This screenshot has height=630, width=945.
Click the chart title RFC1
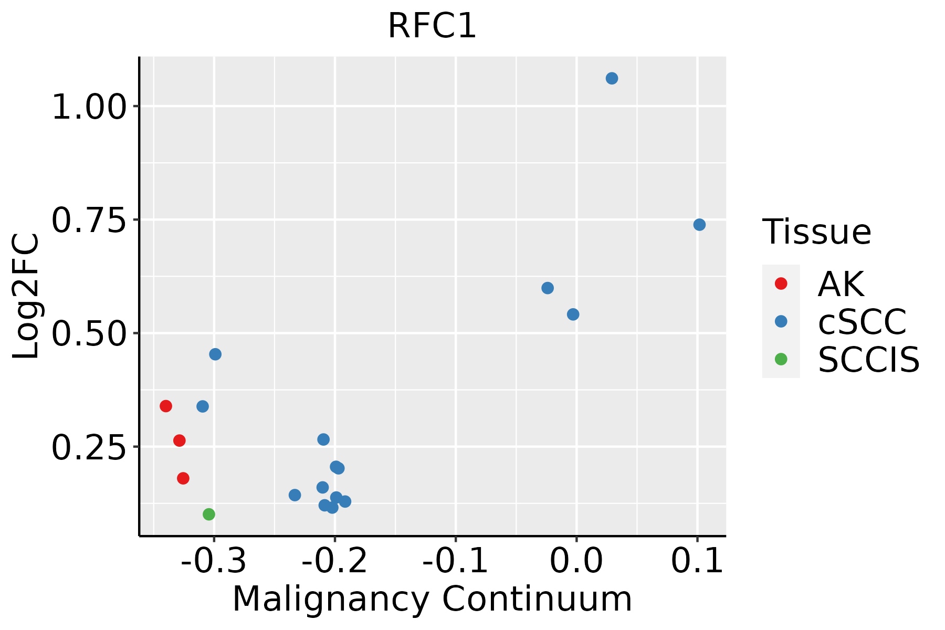(x=432, y=26)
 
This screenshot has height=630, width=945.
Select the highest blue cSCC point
(x=612, y=78)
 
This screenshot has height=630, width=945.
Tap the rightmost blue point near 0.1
(x=699, y=225)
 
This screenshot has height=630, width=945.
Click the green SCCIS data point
(x=209, y=514)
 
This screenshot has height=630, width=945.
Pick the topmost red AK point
(x=166, y=406)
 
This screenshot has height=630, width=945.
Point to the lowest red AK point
(x=183, y=478)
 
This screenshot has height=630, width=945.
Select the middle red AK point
(x=180, y=440)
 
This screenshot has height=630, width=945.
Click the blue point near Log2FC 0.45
(x=215, y=354)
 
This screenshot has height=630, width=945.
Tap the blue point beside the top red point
(x=203, y=406)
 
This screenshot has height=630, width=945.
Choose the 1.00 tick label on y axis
(x=90, y=108)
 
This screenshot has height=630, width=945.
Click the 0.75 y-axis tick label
(x=90, y=221)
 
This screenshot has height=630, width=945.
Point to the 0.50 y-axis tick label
(x=90, y=334)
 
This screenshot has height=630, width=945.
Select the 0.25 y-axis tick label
(x=90, y=448)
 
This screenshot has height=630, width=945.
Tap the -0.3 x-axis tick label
(x=214, y=561)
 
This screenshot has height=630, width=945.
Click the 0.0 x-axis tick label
(x=576, y=561)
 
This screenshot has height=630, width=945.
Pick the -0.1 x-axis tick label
(x=455, y=561)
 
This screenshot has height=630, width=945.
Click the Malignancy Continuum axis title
(x=432, y=599)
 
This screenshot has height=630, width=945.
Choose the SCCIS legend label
(x=868, y=360)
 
